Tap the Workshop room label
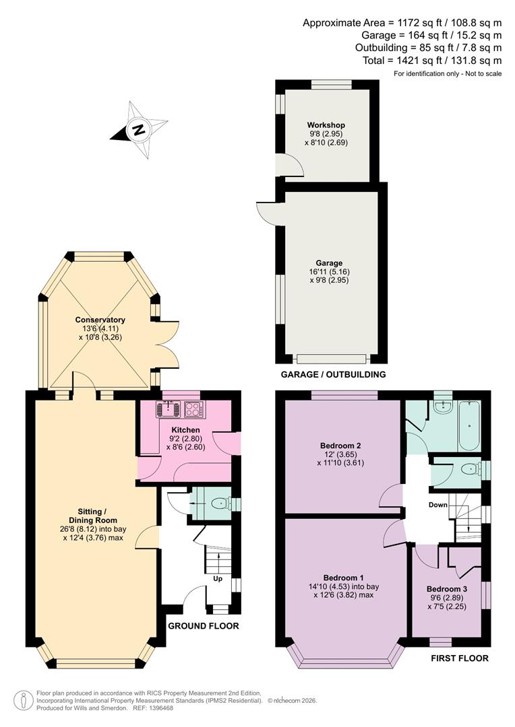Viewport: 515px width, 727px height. pos(326,126)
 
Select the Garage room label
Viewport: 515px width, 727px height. pos(329,263)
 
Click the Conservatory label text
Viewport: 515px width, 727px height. pos(100,320)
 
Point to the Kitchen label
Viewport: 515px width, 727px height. pos(185,429)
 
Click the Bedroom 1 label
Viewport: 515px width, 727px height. pos(343,578)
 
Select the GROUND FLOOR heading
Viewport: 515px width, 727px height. pos(203,626)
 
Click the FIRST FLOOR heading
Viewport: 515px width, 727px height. pos(460,658)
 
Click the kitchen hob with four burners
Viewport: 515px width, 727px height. pos(194,409)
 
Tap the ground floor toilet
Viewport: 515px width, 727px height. pos(218,503)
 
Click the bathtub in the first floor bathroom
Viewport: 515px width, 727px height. pos(468,427)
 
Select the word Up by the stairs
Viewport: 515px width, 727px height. pos(218,578)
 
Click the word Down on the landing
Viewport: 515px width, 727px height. pos(439,504)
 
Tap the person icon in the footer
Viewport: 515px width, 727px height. pos(23,700)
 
